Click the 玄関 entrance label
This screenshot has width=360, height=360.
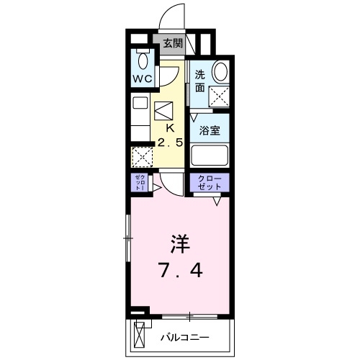click(172, 43)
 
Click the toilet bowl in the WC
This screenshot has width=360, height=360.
click(142, 60)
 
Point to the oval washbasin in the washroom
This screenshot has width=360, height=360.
click(220, 72)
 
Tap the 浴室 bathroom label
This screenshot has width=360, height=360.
click(210, 131)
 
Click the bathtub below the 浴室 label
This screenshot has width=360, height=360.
click(210, 156)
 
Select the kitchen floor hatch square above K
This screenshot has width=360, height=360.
click(165, 110)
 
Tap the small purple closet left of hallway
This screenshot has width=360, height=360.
click(139, 183)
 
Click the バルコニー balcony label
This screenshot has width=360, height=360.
click(184, 337)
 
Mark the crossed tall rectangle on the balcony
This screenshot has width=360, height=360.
click(141, 336)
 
